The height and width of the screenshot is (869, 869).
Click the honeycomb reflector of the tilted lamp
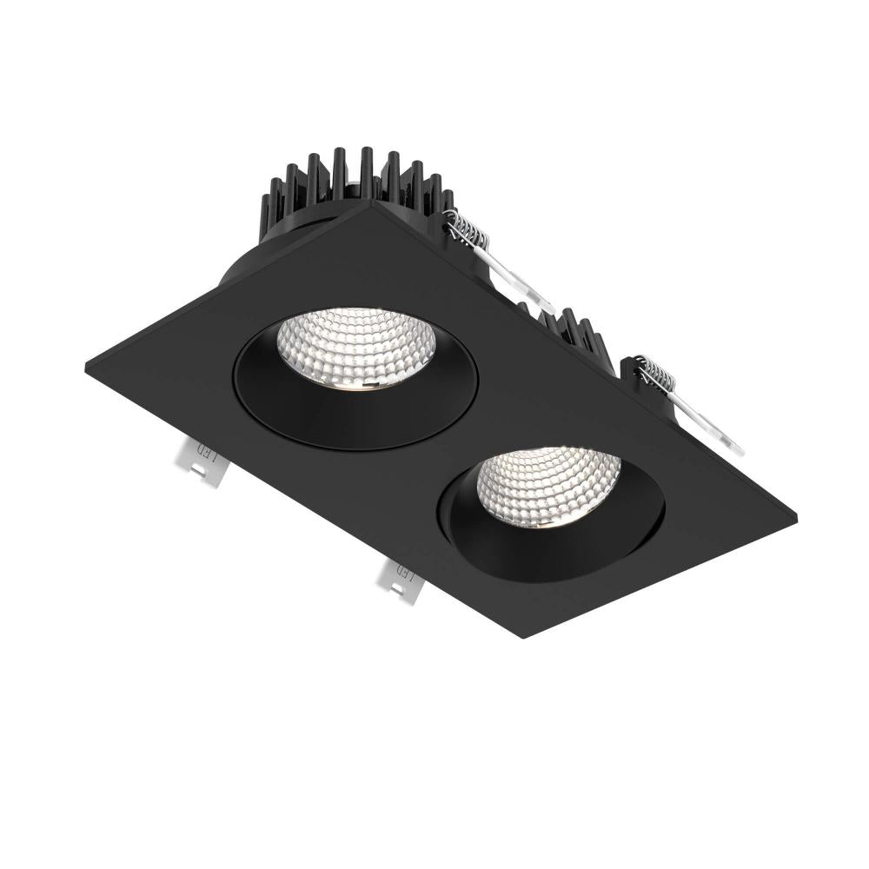[x=547, y=487]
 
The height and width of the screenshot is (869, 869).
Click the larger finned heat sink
[x=348, y=187]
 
